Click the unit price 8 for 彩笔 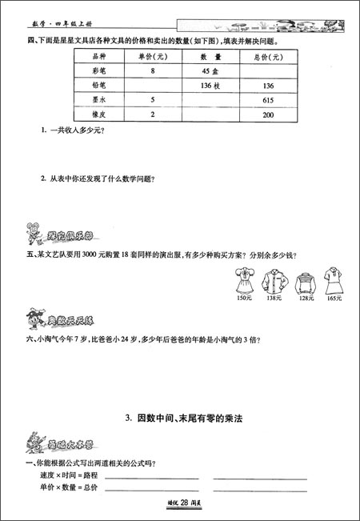[152, 70]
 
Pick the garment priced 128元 [303, 282]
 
